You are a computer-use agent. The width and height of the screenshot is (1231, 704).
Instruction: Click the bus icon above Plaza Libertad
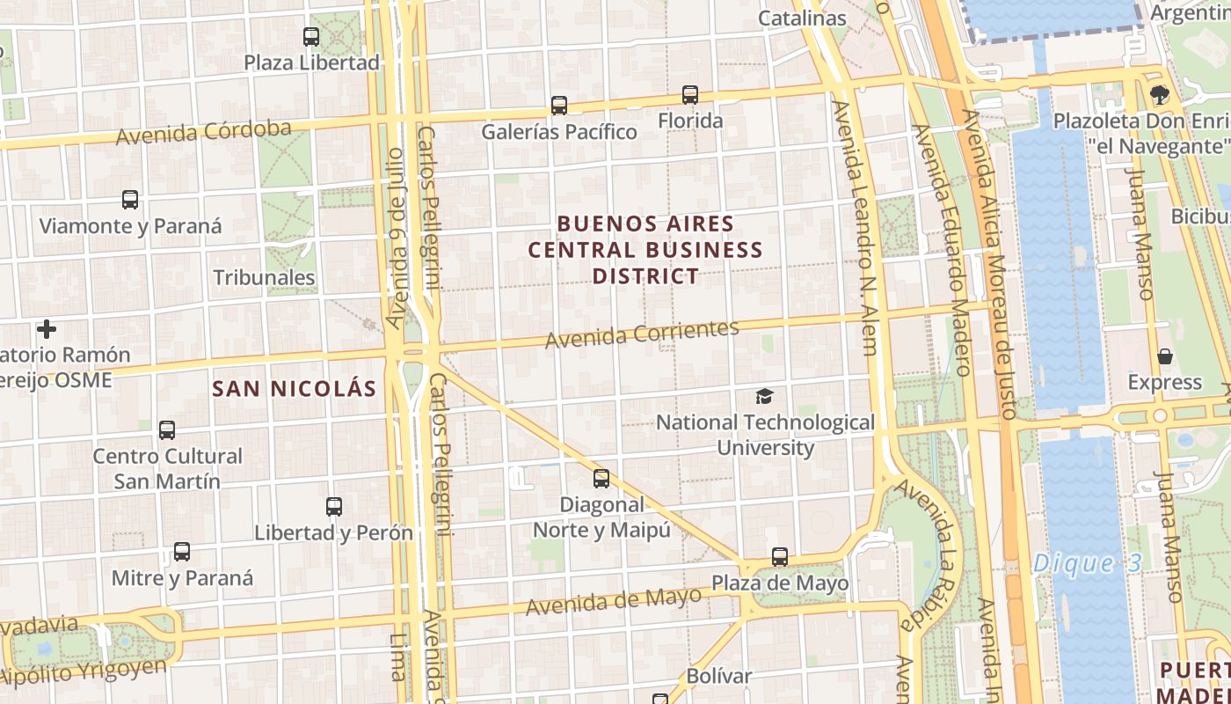[x=311, y=37]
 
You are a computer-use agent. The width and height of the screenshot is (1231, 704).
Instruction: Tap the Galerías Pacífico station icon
[x=559, y=106]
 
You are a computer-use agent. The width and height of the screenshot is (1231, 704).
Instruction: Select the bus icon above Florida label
[x=690, y=94]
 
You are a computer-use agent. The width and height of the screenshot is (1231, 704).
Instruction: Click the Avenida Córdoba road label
[x=203, y=133]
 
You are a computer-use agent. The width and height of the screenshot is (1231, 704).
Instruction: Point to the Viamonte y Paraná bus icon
[x=130, y=200]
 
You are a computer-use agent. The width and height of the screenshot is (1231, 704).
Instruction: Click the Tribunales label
[x=264, y=278]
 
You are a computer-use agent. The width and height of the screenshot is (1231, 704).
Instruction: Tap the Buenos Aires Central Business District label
[x=645, y=250]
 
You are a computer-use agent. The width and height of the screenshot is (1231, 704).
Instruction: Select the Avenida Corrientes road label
[x=642, y=334]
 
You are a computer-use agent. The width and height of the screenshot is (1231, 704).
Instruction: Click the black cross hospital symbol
[x=47, y=329]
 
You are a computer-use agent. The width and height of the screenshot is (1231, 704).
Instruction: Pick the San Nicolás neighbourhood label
[x=295, y=388]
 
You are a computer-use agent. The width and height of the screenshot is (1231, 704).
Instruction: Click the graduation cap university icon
[x=765, y=397]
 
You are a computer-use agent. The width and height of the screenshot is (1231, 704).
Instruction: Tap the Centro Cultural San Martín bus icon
[x=167, y=430]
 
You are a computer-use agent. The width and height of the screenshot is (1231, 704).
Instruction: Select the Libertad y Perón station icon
[x=334, y=507]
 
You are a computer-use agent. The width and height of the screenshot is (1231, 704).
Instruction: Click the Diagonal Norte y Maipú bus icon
[x=601, y=479]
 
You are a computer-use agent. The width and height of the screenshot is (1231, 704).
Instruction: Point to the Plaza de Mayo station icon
[x=780, y=557]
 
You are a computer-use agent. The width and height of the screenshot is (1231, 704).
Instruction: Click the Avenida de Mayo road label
[x=614, y=602]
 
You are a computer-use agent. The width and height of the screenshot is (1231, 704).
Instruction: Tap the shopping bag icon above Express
[x=1165, y=356]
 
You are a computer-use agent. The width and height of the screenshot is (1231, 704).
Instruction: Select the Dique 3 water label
[x=1087, y=563]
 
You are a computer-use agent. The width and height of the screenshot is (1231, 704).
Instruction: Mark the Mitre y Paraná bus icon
[x=182, y=552]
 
